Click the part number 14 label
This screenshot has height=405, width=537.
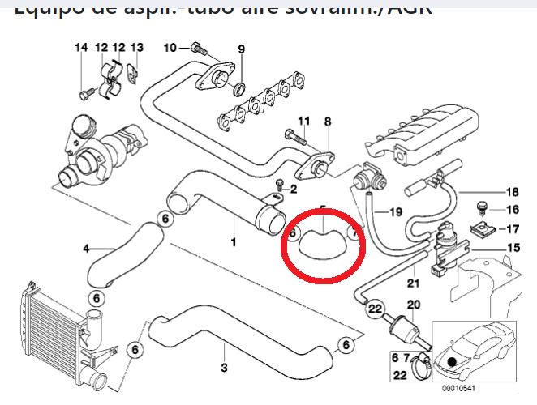tap(81, 48)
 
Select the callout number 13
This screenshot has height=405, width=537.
tap(136, 48)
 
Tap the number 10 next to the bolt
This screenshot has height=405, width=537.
tap(170, 48)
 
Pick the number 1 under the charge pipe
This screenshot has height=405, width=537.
tap(234, 242)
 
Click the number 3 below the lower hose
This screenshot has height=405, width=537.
tap(224, 368)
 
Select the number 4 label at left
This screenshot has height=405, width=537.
tap(86, 249)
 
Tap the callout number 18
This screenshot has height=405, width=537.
tap(512, 192)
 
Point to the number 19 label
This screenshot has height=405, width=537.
tap(395, 212)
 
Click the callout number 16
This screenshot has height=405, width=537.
tap(512, 210)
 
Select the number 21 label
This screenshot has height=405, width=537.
tap(413, 283)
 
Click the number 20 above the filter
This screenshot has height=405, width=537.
tap(413, 305)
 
